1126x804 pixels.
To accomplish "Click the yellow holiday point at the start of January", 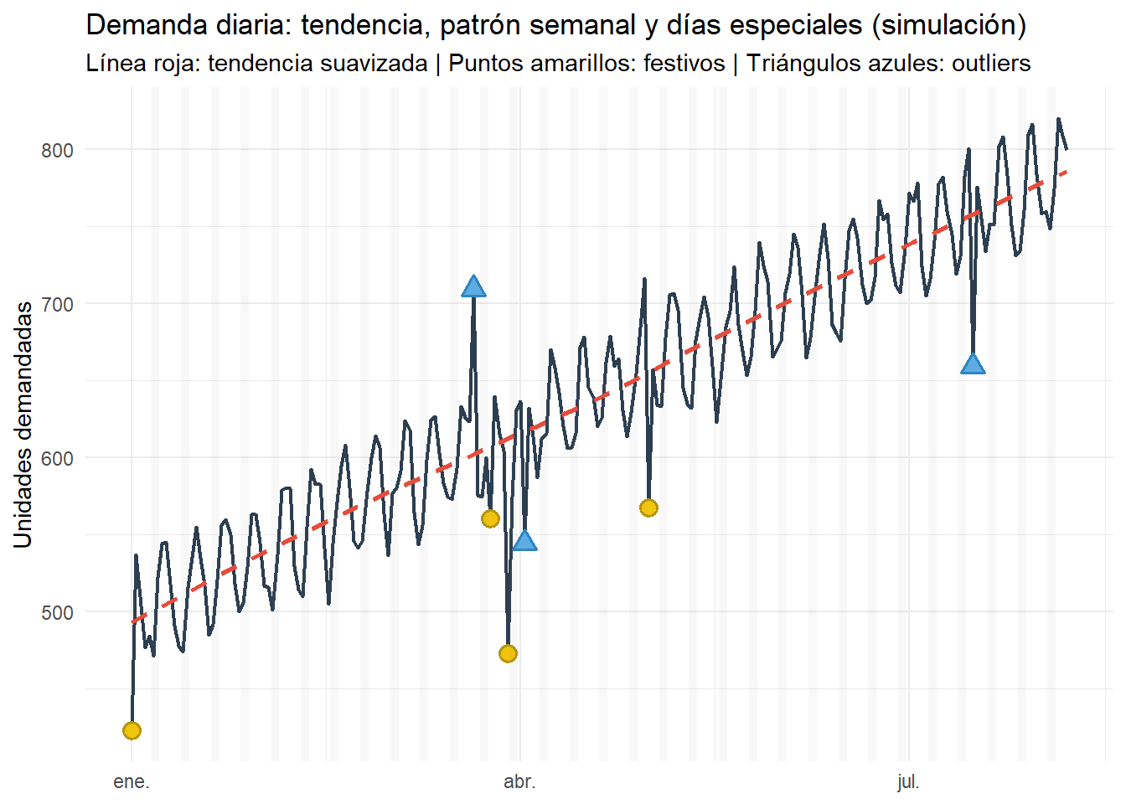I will coord(132,730).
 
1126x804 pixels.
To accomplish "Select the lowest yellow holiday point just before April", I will coord(508,653).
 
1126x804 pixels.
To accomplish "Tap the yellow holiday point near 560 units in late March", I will coord(490,518).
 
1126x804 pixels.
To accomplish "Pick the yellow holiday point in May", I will coord(648,508).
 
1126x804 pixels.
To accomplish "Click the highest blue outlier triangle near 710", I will coord(473,287).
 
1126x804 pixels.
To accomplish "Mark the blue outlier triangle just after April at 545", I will coord(524,541).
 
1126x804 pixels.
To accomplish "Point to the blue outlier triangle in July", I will coord(973,364).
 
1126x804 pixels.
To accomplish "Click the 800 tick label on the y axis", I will coord(58,150).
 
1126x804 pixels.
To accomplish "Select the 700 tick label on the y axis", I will coord(58,304).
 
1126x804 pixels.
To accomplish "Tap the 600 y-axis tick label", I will coord(58,458).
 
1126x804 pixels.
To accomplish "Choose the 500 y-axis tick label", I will coord(58,612).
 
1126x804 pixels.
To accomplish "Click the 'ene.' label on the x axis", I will coord(132,782).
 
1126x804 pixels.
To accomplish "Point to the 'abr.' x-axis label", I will coord(519,782).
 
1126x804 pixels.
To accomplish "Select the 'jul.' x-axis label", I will coord(908,782).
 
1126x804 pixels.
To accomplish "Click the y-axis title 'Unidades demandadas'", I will coord(23,425).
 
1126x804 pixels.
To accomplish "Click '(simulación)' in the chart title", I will coord(948,25).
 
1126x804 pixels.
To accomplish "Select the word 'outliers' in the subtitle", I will coord(991,63).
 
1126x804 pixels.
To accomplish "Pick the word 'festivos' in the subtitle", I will coord(684,63).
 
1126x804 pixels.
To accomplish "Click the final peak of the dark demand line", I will coord(1058,119).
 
